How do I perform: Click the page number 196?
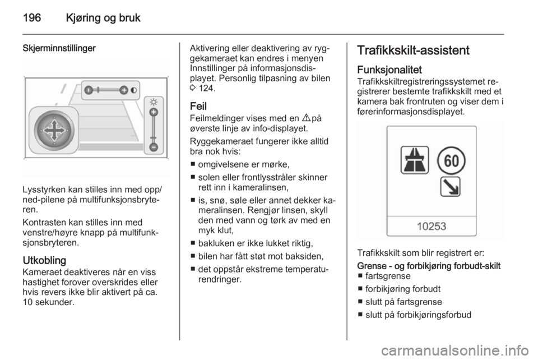click(32, 18)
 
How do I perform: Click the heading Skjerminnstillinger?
click(59, 48)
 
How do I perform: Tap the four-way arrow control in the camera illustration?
click(54, 131)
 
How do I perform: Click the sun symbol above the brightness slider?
click(154, 102)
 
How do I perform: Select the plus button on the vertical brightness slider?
click(154, 112)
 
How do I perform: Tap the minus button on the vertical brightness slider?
click(154, 147)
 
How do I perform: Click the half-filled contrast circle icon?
click(133, 90)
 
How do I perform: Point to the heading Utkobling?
click(44, 261)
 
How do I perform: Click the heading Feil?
click(198, 106)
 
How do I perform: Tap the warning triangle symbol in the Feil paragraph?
click(306, 118)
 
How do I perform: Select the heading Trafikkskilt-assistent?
click(413, 50)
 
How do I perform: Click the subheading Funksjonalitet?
click(389, 70)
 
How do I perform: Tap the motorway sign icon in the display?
click(415, 160)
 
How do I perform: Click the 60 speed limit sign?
click(451, 160)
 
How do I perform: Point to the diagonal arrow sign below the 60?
click(450, 187)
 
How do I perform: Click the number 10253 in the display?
click(432, 227)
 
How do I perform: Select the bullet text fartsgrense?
click(388, 276)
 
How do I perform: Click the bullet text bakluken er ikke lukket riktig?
click(256, 243)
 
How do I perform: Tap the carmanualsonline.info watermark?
click(455, 350)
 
